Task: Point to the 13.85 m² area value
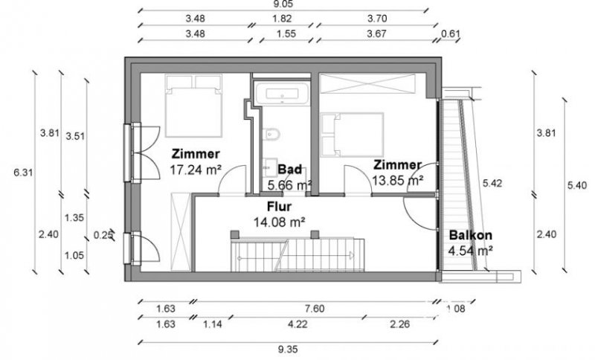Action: [398, 179]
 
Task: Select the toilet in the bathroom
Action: [273, 135]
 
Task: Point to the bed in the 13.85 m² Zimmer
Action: [353, 133]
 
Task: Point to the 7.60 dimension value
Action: [313, 309]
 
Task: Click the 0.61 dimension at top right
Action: [451, 34]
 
